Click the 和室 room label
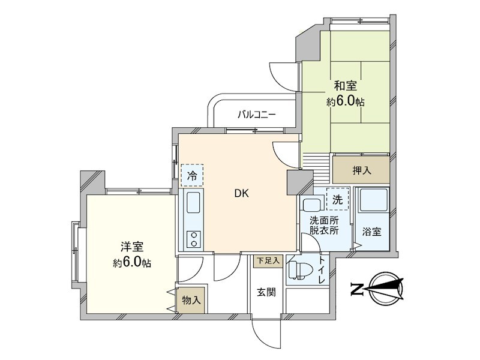(342, 86)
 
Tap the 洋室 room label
(131, 247)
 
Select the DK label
(242, 194)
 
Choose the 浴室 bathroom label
(371, 232)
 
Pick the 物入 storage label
(191, 300)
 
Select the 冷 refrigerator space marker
(193, 176)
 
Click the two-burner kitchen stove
(194, 239)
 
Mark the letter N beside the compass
(356, 290)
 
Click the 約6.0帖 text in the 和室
(345, 103)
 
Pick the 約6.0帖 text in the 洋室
(132, 263)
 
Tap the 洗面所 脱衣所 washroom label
(324, 225)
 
